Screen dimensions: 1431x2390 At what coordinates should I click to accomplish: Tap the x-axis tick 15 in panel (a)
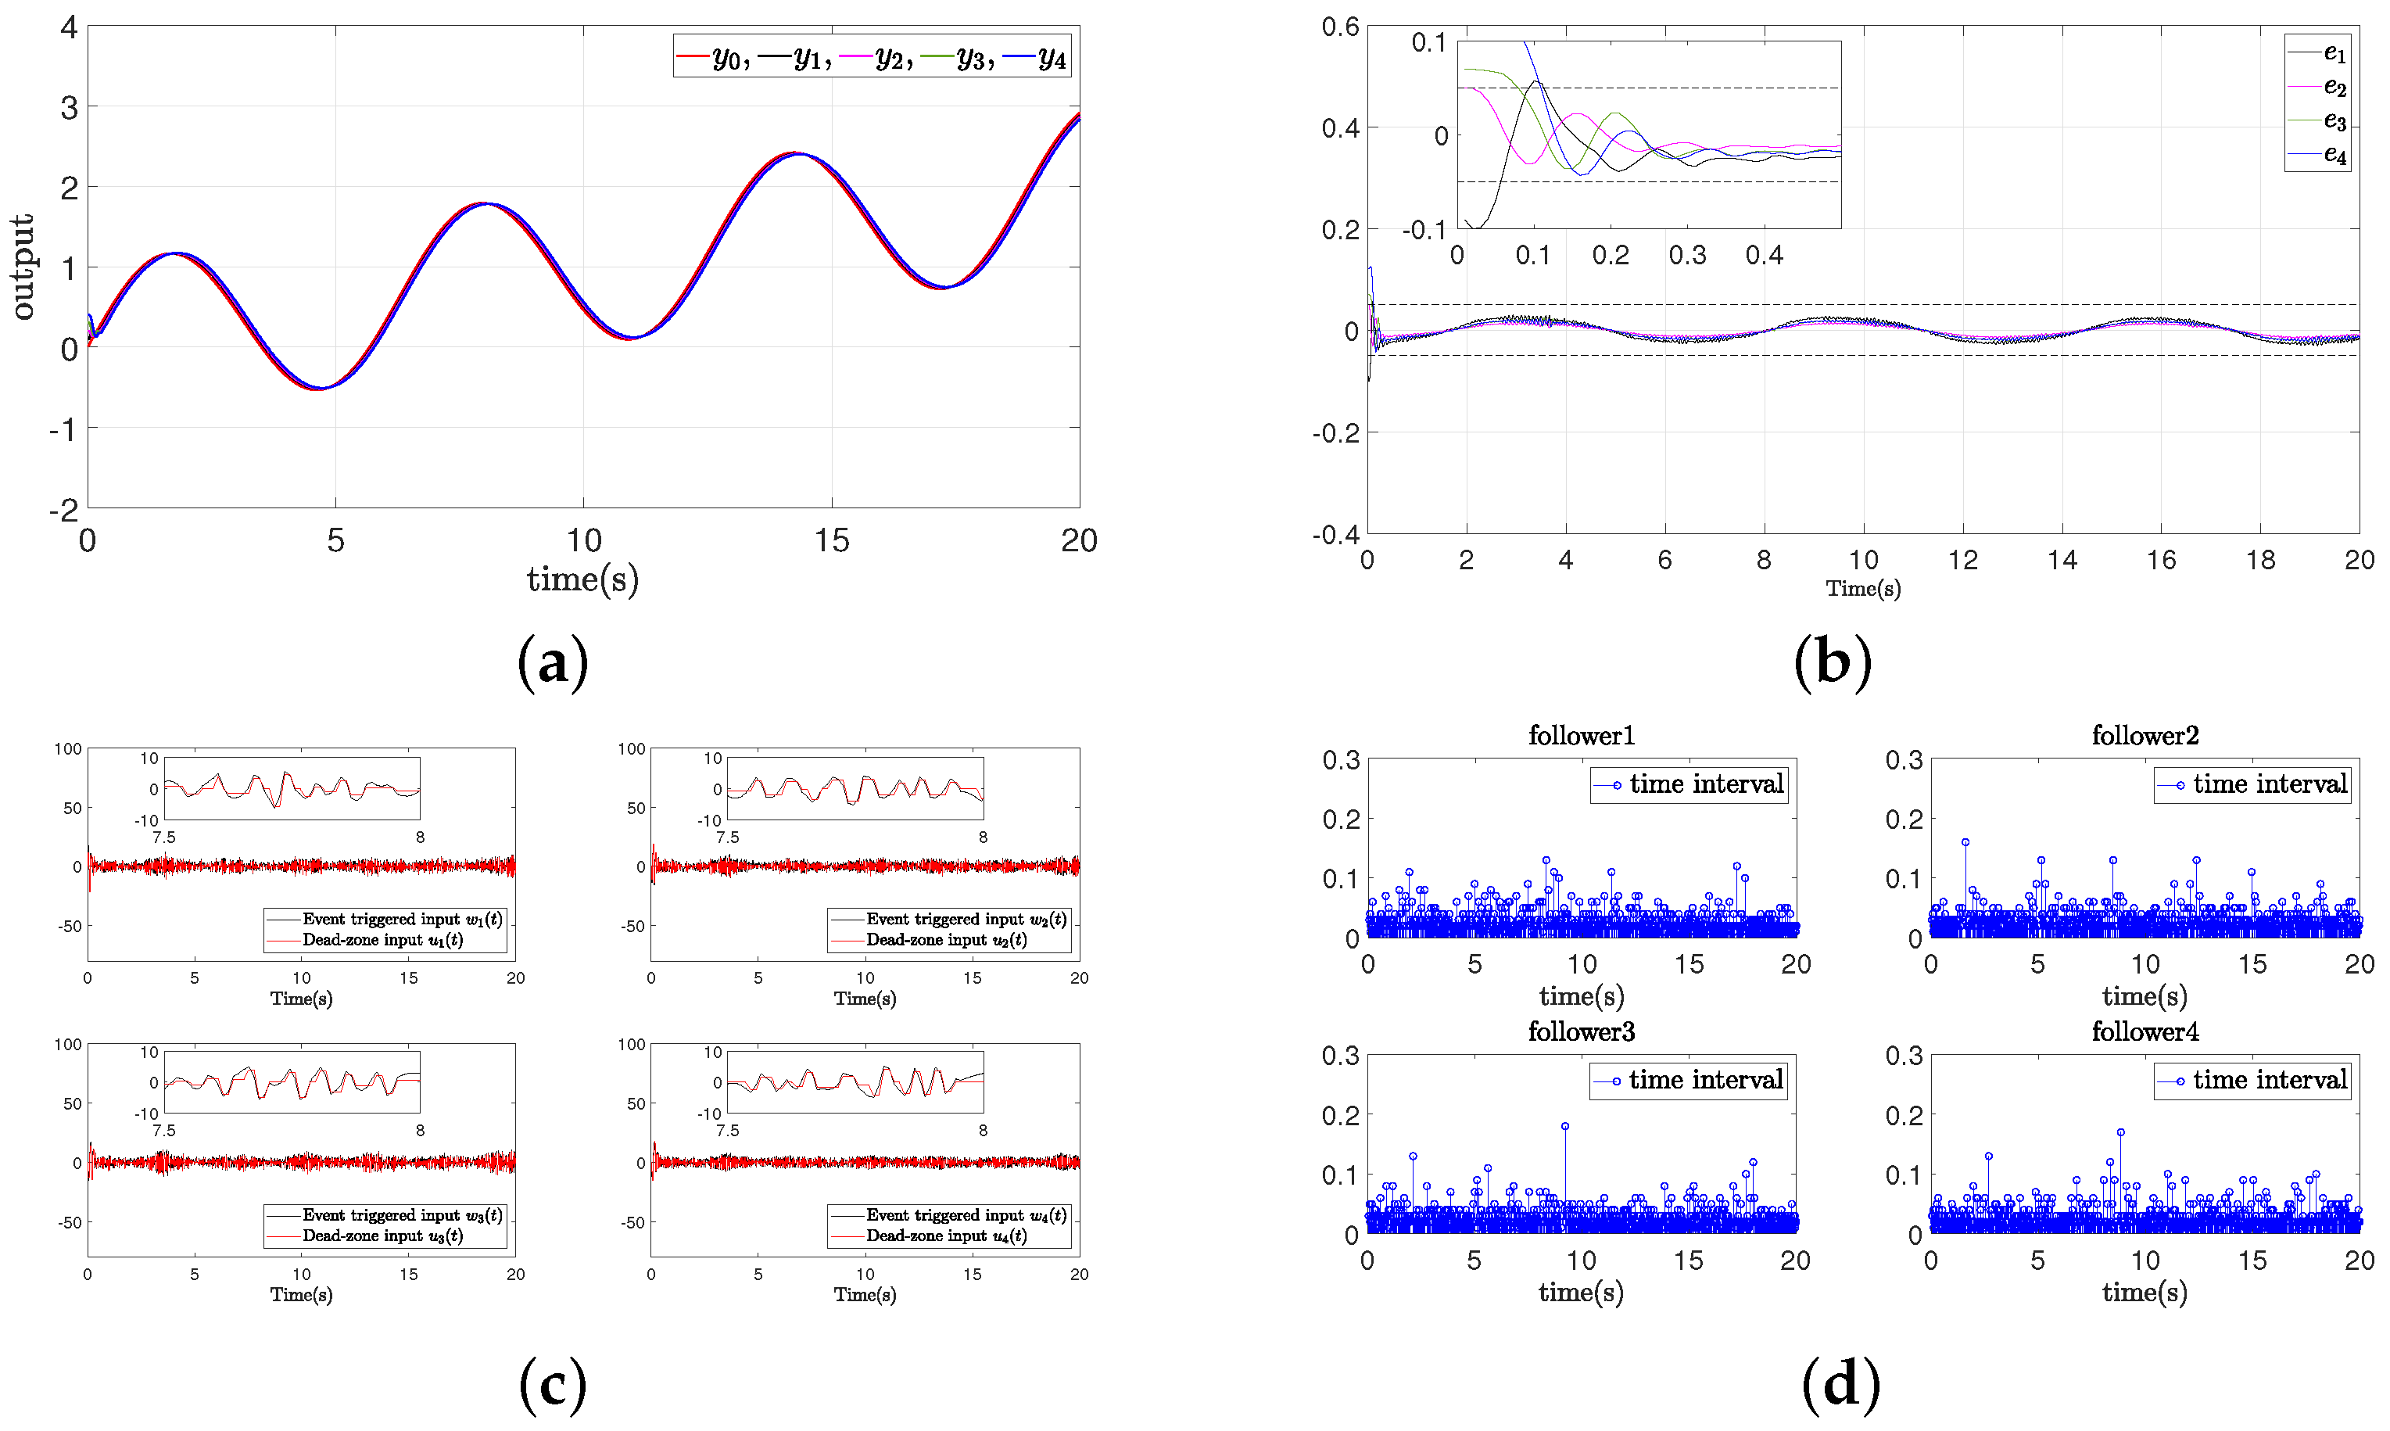(831, 541)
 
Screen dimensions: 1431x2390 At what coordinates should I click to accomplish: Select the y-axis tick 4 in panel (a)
(69, 27)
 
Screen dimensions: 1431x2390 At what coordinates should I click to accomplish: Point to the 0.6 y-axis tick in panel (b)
(1339, 27)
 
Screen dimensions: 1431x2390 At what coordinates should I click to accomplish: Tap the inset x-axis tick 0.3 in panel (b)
(1686, 256)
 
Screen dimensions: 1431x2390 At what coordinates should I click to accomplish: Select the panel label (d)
(1840, 1384)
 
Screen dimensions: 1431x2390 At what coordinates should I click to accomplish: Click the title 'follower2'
(2145, 736)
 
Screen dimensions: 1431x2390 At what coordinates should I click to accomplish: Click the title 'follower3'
(1580, 1031)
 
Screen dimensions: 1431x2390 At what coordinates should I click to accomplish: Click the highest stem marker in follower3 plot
(1564, 1126)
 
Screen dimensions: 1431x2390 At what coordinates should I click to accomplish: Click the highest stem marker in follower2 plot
(1965, 842)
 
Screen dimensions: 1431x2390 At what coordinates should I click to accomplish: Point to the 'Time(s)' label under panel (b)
(1861, 588)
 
